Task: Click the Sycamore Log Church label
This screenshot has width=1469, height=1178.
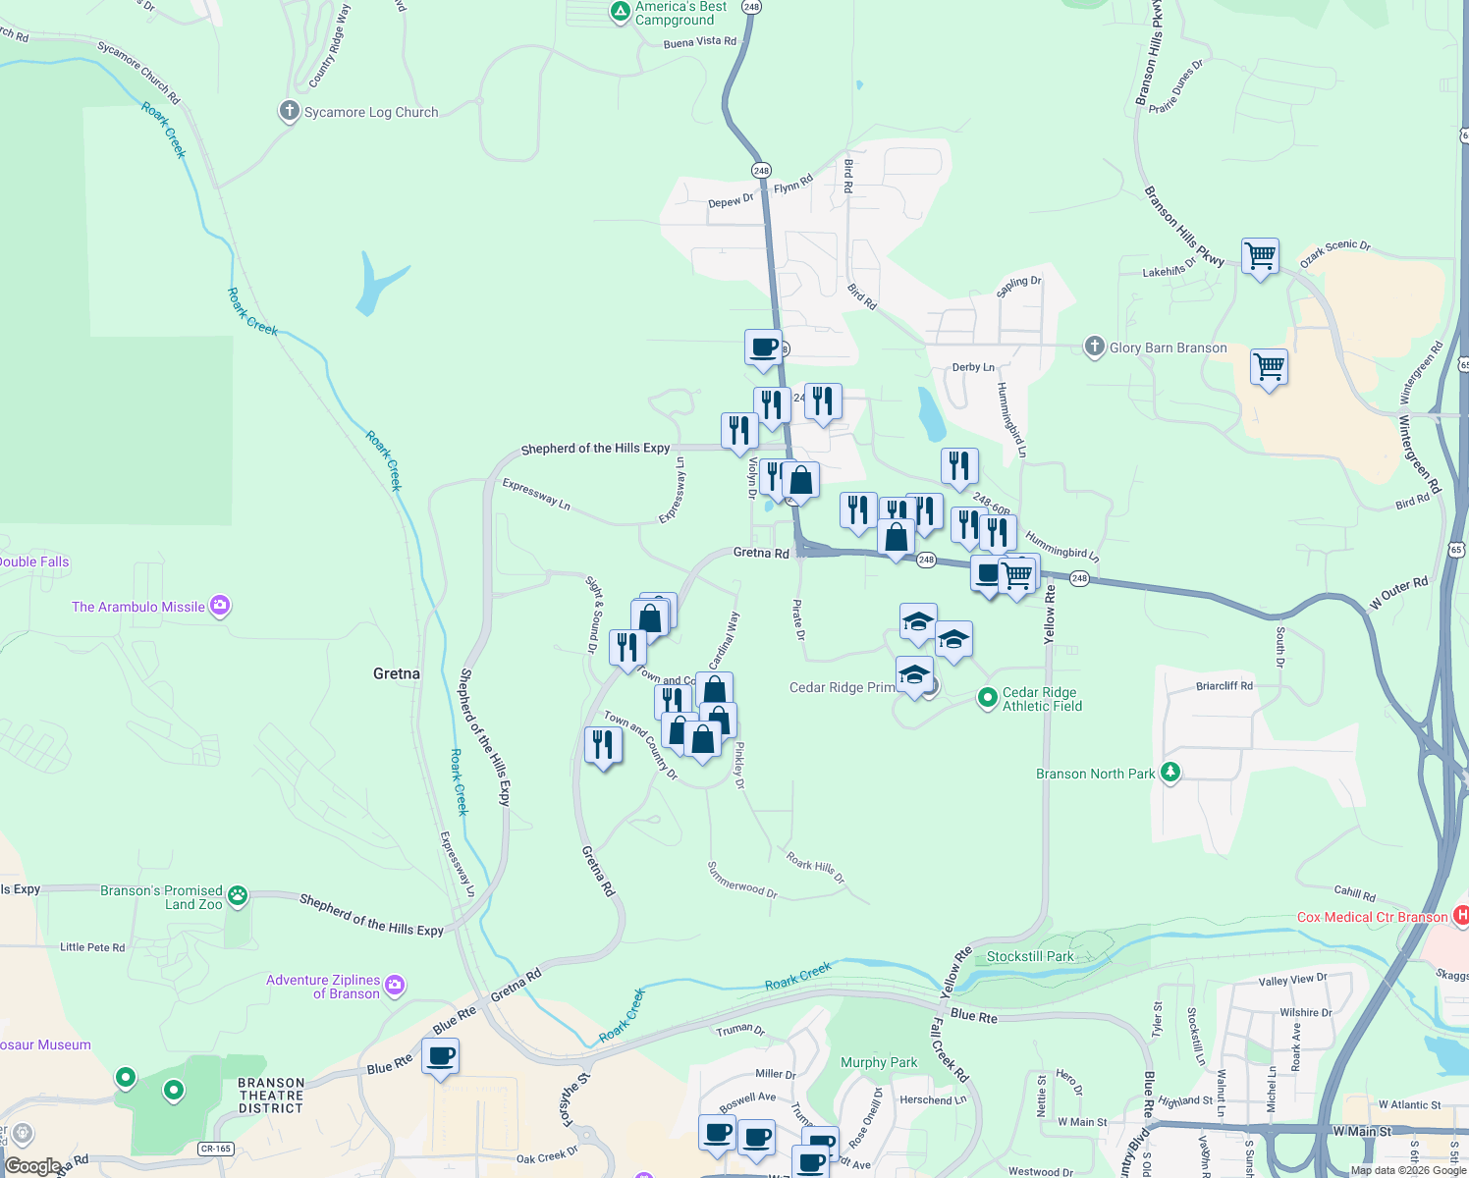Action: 371,113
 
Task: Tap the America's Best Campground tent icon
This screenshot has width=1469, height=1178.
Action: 620,12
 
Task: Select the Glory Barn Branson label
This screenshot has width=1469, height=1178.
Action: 1168,348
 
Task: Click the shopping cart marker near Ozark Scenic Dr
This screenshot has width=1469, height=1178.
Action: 1260,257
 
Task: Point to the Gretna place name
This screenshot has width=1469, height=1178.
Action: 397,673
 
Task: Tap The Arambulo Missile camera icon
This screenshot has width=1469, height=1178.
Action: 220,606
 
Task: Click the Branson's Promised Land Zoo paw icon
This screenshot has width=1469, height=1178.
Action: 238,895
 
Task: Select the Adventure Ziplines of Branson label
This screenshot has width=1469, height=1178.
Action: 323,987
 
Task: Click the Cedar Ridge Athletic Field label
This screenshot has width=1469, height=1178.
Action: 1041,699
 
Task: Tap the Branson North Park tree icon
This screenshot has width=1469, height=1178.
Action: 1170,772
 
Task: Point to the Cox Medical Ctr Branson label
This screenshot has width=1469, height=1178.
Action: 1372,917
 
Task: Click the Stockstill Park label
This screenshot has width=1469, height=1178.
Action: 1030,956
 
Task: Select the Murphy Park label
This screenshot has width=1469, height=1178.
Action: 879,1062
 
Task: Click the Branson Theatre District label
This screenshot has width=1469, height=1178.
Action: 271,1096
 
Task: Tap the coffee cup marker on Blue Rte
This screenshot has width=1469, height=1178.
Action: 441,1057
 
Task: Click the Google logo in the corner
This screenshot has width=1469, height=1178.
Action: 32,1166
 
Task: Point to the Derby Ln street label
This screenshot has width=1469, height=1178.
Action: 973,367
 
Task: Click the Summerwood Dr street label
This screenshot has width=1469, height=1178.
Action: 742,880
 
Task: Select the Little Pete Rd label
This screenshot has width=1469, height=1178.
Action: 92,947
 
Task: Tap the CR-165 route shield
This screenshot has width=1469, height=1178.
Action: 216,1149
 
